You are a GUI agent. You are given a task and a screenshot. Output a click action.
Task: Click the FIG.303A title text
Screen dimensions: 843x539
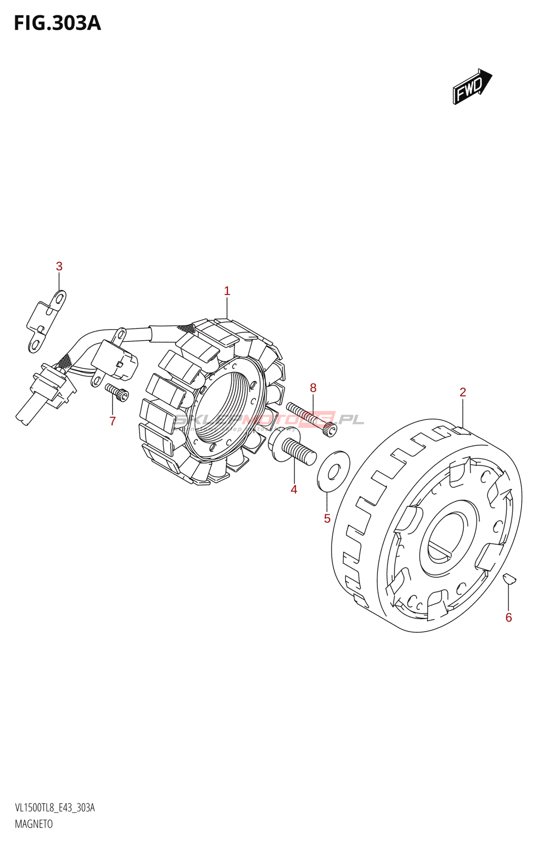click(x=57, y=23)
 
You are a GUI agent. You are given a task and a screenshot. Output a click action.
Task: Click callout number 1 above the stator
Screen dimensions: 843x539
click(x=227, y=291)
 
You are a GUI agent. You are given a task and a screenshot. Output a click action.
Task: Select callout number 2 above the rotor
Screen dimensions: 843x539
click(x=463, y=392)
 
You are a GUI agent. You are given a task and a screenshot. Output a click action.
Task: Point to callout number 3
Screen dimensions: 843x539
click(x=59, y=267)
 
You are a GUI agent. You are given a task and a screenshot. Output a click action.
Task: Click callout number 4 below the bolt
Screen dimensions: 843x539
click(x=294, y=489)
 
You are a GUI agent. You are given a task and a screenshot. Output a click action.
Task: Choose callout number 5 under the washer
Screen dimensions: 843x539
click(x=327, y=518)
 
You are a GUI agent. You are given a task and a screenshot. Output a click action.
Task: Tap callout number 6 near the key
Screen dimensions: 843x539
click(x=508, y=617)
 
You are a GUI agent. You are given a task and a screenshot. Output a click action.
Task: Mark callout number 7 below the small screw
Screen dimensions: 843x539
click(x=112, y=421)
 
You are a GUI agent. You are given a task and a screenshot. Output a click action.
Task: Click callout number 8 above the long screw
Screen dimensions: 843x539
click(x=313, y=388)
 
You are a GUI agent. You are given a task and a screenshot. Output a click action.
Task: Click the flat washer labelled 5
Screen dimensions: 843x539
click(x=333, y=470)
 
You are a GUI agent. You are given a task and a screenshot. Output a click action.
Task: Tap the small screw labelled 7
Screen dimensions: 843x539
click(x=117, y=392)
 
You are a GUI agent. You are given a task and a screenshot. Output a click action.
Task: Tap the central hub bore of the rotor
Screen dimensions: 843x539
click(x=447, y=537)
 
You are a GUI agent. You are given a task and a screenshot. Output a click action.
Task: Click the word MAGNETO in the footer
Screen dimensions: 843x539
click(x=34, y=824)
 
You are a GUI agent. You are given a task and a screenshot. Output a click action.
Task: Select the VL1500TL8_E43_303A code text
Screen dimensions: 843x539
click(x=55, y=808)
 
